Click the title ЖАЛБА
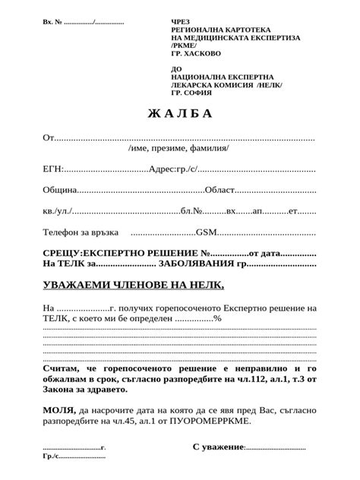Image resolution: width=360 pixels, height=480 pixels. (x=180, y=114)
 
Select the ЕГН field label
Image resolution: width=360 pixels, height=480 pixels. (x=53, y=169)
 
